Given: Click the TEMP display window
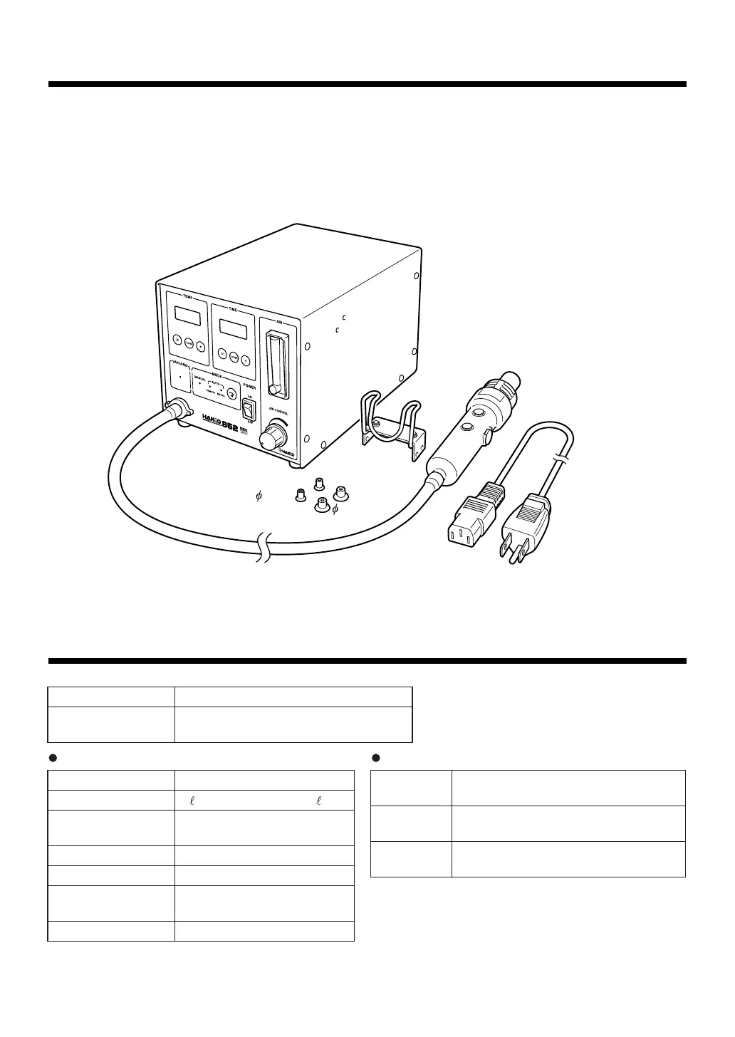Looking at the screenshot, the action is click(x=185, y=314).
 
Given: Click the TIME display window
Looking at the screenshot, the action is click(x=234, y=327).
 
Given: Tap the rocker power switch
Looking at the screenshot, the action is click(x=249, y=410).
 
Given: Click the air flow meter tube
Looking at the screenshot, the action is click(x=274, y=361).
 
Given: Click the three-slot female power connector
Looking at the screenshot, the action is click(x=469, y=516).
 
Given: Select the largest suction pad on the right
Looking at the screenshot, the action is click(x=343, y=491).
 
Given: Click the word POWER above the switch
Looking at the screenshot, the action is click(x=249, y=387).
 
